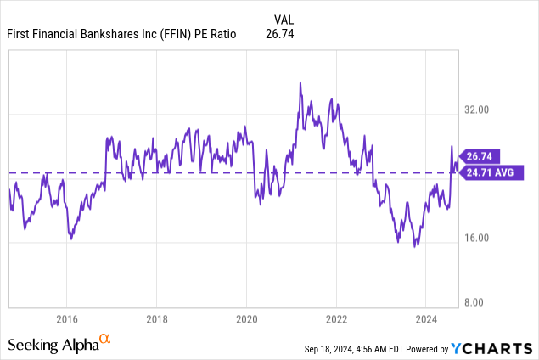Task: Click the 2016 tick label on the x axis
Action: [66, 319]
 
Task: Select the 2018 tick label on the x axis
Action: [156, 319]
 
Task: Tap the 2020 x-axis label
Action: [246, 319]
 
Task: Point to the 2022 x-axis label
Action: [336, 319]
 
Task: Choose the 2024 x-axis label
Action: [426, 319]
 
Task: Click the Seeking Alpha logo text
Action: [53, 345]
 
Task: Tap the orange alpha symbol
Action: [105, 340]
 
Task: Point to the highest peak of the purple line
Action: [300, 82]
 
